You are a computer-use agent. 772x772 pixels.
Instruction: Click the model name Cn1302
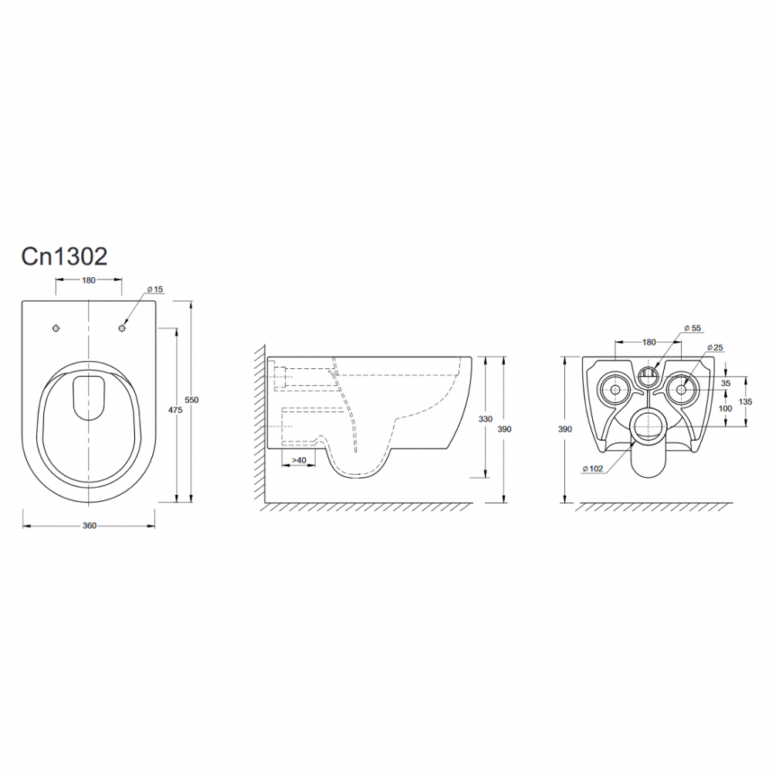point(64,256)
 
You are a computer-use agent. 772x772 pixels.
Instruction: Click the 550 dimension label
point(191,400)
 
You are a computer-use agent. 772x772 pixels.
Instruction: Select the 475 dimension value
point(175,410)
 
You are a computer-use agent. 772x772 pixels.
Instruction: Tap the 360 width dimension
point(89,526)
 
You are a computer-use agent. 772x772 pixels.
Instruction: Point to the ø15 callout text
point(155,289)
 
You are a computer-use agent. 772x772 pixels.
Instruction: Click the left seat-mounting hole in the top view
point(56,328)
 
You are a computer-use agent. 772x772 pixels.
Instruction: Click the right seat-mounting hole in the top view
point(122,328)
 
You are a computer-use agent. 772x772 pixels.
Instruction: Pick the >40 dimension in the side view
point(299,460)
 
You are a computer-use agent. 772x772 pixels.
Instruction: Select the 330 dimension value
point(486,419)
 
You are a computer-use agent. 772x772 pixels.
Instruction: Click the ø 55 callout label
point(692,328)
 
